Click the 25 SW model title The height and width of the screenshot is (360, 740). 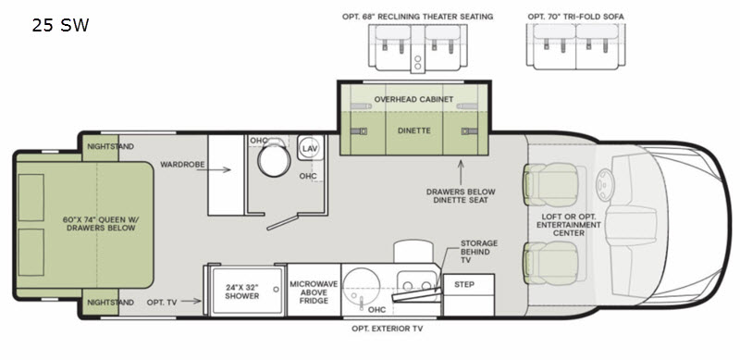[60, 25]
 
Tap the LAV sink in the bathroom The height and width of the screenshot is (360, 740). [310, 148]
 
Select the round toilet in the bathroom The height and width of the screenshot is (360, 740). [274, 159]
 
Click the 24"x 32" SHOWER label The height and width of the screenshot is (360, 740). [242, 292]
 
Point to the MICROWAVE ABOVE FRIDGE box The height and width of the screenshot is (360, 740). [314, 290]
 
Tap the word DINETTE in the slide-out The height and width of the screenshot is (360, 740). [413, 130]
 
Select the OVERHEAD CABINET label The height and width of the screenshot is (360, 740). [413, 99]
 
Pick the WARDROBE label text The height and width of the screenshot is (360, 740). [182, 165]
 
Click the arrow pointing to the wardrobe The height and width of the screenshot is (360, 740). [214, 170]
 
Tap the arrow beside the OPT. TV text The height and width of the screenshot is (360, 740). [191, 301]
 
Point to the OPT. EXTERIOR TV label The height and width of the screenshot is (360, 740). [387, 329]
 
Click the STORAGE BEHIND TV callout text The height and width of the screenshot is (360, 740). [479, 252]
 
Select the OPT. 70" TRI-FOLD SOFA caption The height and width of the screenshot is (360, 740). [575, 17]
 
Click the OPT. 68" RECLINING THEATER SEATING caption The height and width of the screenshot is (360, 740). [418, 17]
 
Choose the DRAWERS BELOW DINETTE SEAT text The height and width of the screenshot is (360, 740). [461, 196]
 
